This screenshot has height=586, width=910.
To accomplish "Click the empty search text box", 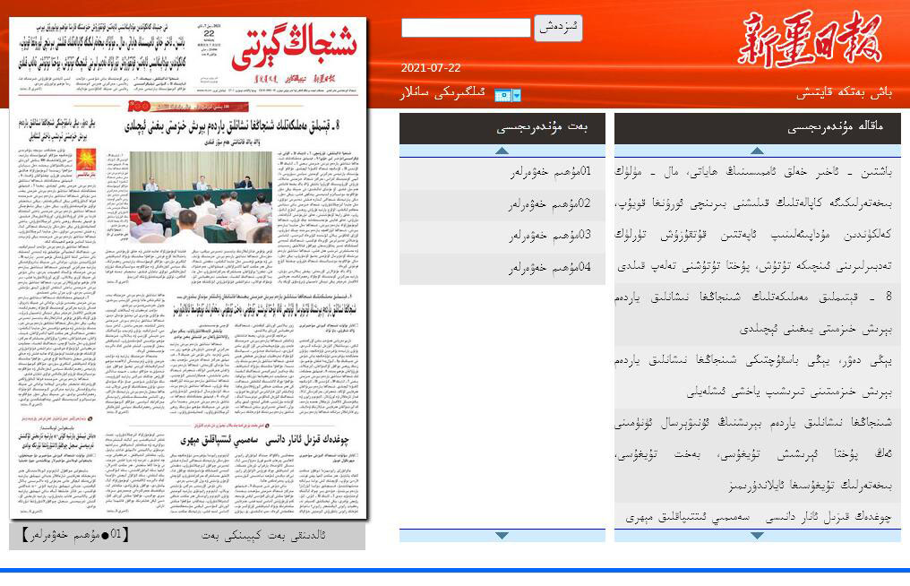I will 466,28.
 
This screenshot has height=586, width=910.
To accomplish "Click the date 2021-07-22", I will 431,68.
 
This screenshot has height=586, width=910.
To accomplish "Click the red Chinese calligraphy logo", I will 809,39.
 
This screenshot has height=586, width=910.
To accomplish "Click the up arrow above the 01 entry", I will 502,151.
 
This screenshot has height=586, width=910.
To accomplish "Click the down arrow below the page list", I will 502,536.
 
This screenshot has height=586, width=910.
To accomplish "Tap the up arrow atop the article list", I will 757,151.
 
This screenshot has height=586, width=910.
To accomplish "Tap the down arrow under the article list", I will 757,536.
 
